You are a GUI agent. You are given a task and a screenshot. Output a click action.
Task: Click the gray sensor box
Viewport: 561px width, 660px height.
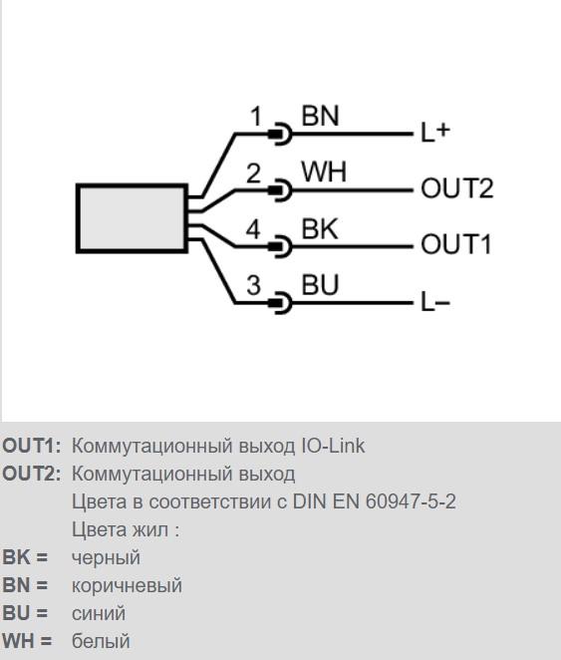(132, 218)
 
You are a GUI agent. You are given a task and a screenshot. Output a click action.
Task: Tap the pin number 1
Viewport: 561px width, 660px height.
(256, 117)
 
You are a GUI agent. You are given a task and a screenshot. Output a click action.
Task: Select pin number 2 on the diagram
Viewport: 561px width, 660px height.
(253, 173)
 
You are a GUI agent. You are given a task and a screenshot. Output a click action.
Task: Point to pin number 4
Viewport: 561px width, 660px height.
(253, 229)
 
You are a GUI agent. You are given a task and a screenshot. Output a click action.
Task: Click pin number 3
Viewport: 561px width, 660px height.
(253, 285)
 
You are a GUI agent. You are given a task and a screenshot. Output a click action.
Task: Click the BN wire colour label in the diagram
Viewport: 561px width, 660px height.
(320, 116)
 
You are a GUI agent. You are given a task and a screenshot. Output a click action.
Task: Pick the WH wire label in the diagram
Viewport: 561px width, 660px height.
(324, 171)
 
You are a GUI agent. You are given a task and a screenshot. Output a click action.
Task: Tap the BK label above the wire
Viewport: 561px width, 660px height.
(320, 229)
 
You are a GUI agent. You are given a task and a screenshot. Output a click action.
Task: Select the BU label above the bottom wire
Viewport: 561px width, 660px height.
(320, 284)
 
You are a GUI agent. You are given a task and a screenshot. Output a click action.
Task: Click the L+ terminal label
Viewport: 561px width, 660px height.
(435, 132)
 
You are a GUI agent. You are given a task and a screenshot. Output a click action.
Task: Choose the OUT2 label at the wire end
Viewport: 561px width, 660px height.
(457, 188)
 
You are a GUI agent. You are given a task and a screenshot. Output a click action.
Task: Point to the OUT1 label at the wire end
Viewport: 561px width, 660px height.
(456, 244)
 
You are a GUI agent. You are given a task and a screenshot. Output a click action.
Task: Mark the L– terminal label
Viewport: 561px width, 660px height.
(435, 302)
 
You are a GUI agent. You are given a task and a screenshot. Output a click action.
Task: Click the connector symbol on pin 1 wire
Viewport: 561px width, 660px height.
(281, 134)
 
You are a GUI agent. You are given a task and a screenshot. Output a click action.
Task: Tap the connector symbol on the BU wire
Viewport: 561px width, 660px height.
(281, 303)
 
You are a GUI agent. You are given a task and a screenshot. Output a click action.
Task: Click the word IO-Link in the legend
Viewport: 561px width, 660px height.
(333, 446)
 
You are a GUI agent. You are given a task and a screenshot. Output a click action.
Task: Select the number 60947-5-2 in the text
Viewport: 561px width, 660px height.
(411, 501)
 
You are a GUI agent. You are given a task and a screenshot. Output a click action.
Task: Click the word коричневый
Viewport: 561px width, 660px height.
(127, 585)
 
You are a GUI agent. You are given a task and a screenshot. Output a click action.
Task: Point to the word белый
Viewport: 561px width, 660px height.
(101, 641)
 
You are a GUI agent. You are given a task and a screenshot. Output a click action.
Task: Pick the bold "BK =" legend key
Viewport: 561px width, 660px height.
(25, 557)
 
